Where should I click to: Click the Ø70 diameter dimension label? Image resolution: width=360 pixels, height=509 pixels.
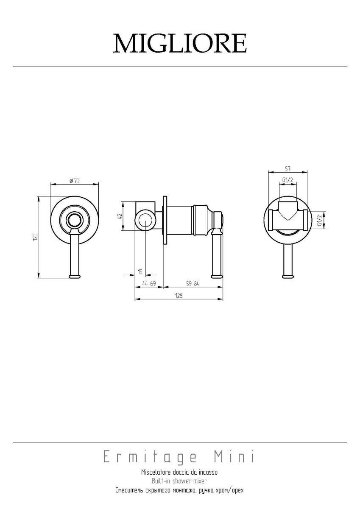pyautogui.click(x=74, y=181)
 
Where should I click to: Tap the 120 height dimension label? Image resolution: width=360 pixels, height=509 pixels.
pyautogui.click(x=35, y=237)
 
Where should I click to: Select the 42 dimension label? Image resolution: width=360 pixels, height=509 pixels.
pyautogui.click(x=120, y=216)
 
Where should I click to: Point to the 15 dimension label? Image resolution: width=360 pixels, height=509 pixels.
pyautogui.click(x=140, y=271)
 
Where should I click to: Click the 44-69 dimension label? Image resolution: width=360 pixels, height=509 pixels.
pyautogui.click(x=149, y=284)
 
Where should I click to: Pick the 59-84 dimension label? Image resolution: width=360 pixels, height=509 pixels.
pyautogui.click(x=193, y=284)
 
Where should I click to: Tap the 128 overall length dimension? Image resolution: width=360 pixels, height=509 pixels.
pyautogui.click(x=179, y=295)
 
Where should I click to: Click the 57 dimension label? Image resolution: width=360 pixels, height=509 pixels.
pyautogui.click(x=287, y=169)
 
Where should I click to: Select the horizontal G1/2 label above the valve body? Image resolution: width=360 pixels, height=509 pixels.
pyautogui.click(x=288, y=179)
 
